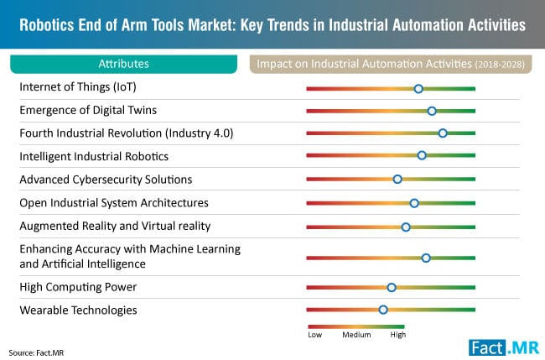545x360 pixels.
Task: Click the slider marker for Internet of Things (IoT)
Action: click(418, 88)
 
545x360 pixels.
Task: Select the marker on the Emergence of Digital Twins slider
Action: click(432, 111)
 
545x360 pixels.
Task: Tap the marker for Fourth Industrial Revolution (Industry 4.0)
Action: click(443, 133)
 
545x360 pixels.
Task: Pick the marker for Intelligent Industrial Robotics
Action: click(422, 155)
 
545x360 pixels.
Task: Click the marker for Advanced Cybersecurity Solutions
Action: click(397, 179)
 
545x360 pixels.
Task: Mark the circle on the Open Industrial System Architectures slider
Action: click(414, 203)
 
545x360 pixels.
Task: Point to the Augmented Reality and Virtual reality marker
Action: click(406, 227)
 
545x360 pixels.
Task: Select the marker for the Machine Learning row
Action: click(426, 258)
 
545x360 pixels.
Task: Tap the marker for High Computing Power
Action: click(392, 287)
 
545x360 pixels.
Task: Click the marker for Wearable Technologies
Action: click(383, 310)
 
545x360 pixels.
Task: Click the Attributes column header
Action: click(123, 63)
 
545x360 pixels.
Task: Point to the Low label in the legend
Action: click(315, 335)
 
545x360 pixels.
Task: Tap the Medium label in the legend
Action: click(356, 335)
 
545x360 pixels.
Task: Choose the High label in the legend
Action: click(397, 335)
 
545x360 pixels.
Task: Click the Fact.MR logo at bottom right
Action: click(503, 346)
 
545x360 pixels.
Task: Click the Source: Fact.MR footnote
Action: click(37, 352)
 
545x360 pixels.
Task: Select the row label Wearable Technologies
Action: click(78, 310)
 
